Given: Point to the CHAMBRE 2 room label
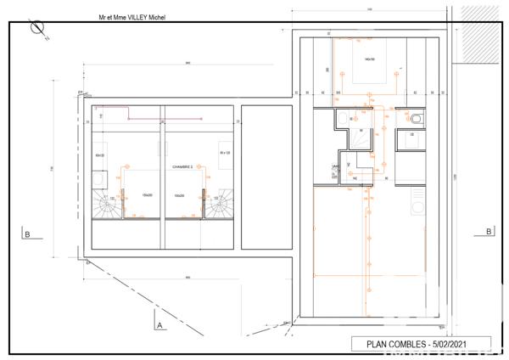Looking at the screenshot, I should (x=182, y=167).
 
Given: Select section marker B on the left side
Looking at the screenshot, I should (x=28, y=234).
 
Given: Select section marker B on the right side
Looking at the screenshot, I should (x=489, y=231).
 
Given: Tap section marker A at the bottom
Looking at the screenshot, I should (x=159, y=323).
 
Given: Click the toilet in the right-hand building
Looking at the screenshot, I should (x=416, y=119).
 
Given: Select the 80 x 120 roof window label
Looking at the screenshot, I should (x=225, y=153).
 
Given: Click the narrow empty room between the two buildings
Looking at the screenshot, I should (x=265, y=178).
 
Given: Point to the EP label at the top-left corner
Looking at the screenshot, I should (x=81, y=92).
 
